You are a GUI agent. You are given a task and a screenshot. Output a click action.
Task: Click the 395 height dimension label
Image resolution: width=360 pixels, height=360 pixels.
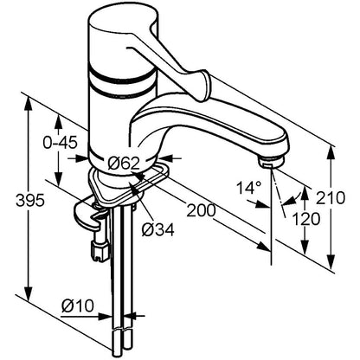(30, 200)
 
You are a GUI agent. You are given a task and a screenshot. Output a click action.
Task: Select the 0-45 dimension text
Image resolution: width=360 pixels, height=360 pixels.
(61, 143)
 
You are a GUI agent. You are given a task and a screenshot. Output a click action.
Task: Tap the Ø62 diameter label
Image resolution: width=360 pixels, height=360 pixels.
(124, 164)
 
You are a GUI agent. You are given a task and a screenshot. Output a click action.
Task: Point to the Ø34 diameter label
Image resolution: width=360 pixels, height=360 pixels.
(158, 230)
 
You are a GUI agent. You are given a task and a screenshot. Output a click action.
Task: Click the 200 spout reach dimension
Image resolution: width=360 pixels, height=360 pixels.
(202, 210)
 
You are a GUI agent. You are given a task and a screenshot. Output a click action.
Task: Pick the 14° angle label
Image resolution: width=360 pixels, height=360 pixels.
(249, 188)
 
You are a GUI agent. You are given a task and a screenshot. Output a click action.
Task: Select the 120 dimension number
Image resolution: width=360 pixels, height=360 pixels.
(306, 219)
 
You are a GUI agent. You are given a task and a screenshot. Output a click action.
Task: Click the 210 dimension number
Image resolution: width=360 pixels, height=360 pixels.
(331, 198)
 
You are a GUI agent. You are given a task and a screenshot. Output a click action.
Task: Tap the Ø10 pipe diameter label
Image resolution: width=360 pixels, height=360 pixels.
(78, 305)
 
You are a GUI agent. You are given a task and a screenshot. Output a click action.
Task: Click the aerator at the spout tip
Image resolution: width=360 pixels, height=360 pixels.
(272, 162)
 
